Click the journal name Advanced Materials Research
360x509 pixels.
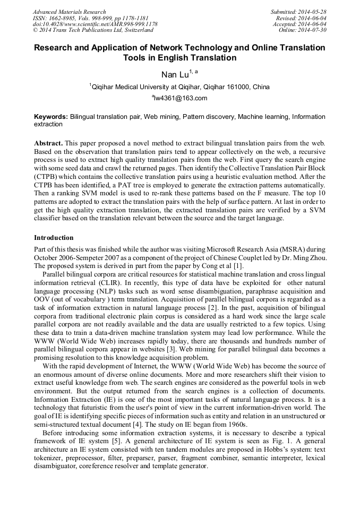69,12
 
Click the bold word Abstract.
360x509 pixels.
48,144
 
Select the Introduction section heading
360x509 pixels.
54,237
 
